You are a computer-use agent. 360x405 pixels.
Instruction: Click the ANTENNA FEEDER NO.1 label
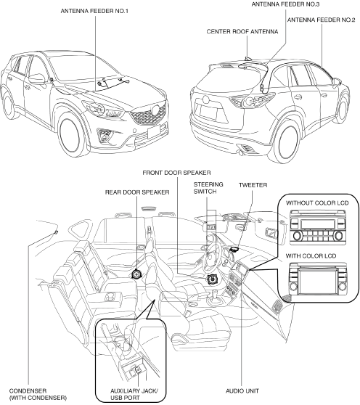click(94, 11)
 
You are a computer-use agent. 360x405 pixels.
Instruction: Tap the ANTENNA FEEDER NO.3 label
click(285, 4)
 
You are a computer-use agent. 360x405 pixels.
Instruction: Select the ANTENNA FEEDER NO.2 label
click(322, 20)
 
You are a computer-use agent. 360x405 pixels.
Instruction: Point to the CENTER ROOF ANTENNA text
click(242, 32)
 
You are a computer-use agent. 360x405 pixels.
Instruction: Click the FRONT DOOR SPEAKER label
click(176, 173)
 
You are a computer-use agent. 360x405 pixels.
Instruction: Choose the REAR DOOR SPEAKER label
click(137, 192)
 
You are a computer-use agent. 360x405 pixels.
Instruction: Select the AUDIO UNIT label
click(242, 391)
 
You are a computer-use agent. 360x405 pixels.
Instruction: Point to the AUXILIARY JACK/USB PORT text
click(134, 394)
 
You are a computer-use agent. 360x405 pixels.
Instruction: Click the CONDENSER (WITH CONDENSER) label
click(38, 394)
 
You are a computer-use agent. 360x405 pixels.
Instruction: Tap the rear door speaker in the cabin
click(136, 274)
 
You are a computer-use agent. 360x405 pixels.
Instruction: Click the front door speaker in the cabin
click(213, 279)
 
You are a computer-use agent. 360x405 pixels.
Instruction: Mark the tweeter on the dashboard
click(234, 249)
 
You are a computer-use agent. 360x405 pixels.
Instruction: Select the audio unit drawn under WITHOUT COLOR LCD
click(317, 227)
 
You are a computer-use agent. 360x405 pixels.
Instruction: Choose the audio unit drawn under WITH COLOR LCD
click(317, 279)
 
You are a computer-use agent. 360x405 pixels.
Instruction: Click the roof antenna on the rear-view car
click(248, 59)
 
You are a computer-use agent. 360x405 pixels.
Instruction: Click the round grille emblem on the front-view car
click(156, 110)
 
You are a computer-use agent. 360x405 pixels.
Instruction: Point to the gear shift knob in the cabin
click(213, 293)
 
